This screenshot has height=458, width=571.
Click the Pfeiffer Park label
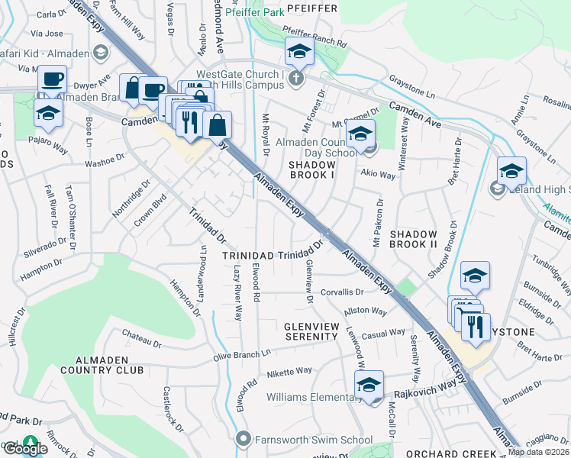253,11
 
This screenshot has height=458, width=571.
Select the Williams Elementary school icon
368,386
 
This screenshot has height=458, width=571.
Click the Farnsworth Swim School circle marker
244,439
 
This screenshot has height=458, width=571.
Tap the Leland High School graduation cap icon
511,173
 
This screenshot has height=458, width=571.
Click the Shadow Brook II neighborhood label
413,240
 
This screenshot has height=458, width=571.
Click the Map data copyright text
539,452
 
